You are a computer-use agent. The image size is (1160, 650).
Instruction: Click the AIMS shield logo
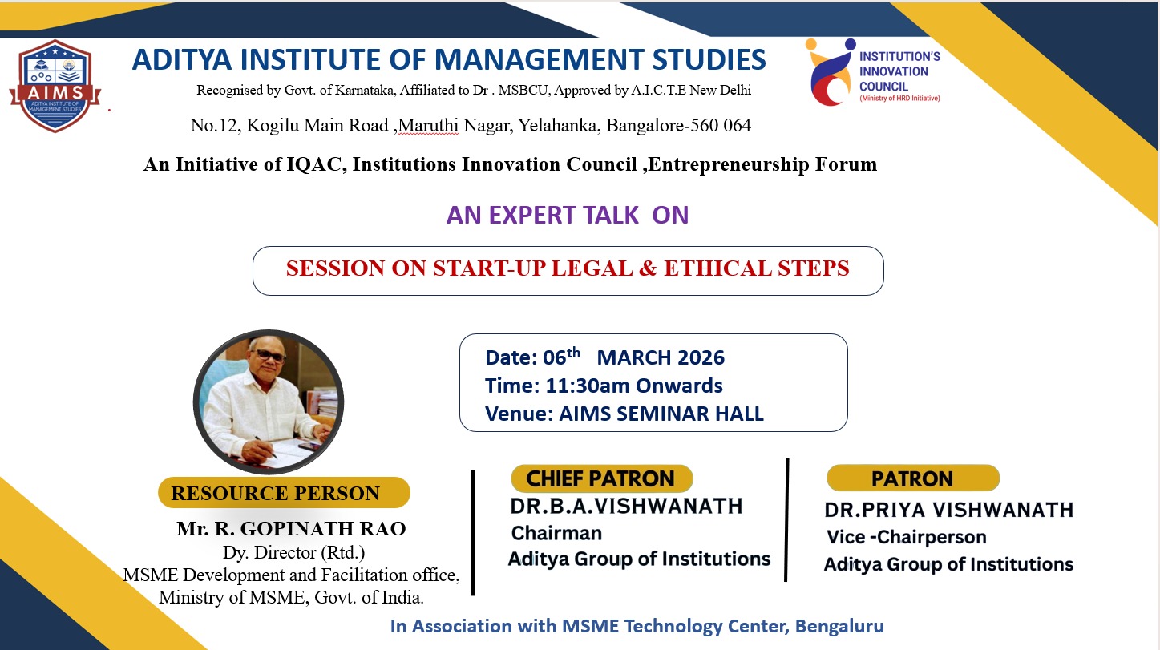(55, 86)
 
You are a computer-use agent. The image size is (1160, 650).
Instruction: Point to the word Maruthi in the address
(428, 126)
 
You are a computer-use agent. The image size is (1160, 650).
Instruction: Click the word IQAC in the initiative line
(314, 164)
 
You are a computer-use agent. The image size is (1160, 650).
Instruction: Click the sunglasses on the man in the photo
(269, 355)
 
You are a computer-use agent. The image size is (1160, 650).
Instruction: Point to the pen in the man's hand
(265, 447)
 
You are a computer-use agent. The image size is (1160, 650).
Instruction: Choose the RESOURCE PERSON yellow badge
(284, 493)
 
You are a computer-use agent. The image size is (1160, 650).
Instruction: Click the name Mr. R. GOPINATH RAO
(291, 529)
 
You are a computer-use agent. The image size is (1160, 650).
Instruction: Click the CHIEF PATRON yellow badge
(602, 478)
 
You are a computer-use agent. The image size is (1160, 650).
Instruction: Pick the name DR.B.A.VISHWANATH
(626, 506)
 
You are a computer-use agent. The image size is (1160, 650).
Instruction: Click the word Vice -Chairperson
(906, 537)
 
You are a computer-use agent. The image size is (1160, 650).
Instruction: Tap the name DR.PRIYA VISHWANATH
(948, 511)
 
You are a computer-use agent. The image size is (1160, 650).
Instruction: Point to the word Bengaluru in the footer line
(839, 626)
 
